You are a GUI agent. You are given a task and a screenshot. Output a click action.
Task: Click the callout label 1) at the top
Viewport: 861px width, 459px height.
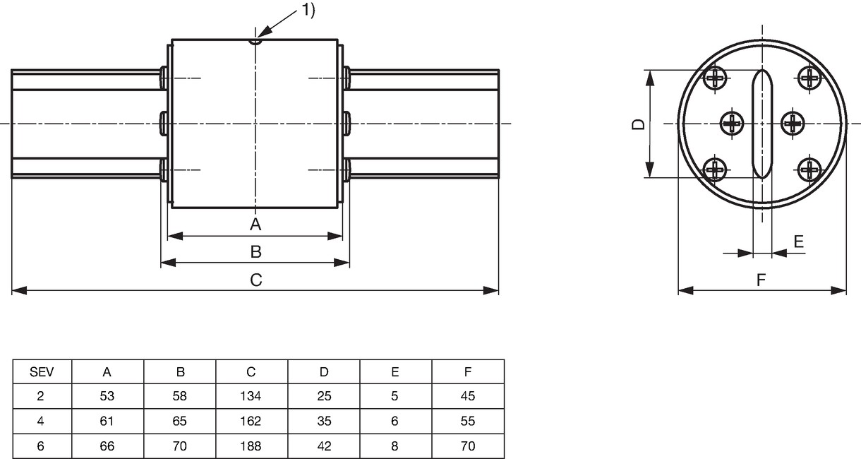308,10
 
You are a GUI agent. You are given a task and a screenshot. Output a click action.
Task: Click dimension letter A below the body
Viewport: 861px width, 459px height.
255,224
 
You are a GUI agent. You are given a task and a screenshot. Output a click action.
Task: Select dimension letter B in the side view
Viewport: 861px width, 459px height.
256,251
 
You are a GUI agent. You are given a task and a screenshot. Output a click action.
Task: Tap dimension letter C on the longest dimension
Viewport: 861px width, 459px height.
256,280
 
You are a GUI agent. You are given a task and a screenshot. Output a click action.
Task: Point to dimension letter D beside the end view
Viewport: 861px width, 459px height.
639,124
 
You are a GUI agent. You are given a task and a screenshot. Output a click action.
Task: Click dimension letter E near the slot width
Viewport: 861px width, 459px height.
799,242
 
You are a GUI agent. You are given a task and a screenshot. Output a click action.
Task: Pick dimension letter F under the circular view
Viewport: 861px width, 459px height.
761,280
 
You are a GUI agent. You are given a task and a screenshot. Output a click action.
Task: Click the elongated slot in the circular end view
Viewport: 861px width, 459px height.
762,124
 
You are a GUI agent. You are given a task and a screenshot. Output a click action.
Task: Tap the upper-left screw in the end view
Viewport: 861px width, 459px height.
715,78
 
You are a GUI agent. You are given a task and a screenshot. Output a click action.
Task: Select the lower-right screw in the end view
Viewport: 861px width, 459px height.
809,169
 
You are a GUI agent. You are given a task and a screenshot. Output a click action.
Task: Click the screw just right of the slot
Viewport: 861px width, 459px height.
793,123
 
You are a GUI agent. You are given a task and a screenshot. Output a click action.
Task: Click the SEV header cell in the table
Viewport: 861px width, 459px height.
42,371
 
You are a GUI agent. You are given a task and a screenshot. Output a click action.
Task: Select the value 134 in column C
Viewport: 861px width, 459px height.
251,396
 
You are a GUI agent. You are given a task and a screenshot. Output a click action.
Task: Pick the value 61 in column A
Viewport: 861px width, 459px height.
107,421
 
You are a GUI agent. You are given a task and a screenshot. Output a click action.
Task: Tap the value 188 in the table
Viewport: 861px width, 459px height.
251,446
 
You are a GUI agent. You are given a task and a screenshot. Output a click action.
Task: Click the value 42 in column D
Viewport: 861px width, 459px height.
324,446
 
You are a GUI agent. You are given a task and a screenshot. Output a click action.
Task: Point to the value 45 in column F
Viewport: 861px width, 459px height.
468,396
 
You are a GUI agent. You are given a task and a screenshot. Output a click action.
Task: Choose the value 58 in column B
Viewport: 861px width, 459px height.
179,396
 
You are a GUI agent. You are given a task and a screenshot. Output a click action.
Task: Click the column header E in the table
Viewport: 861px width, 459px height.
395,371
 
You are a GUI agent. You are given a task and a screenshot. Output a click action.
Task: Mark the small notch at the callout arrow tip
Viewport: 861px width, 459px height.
255,42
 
